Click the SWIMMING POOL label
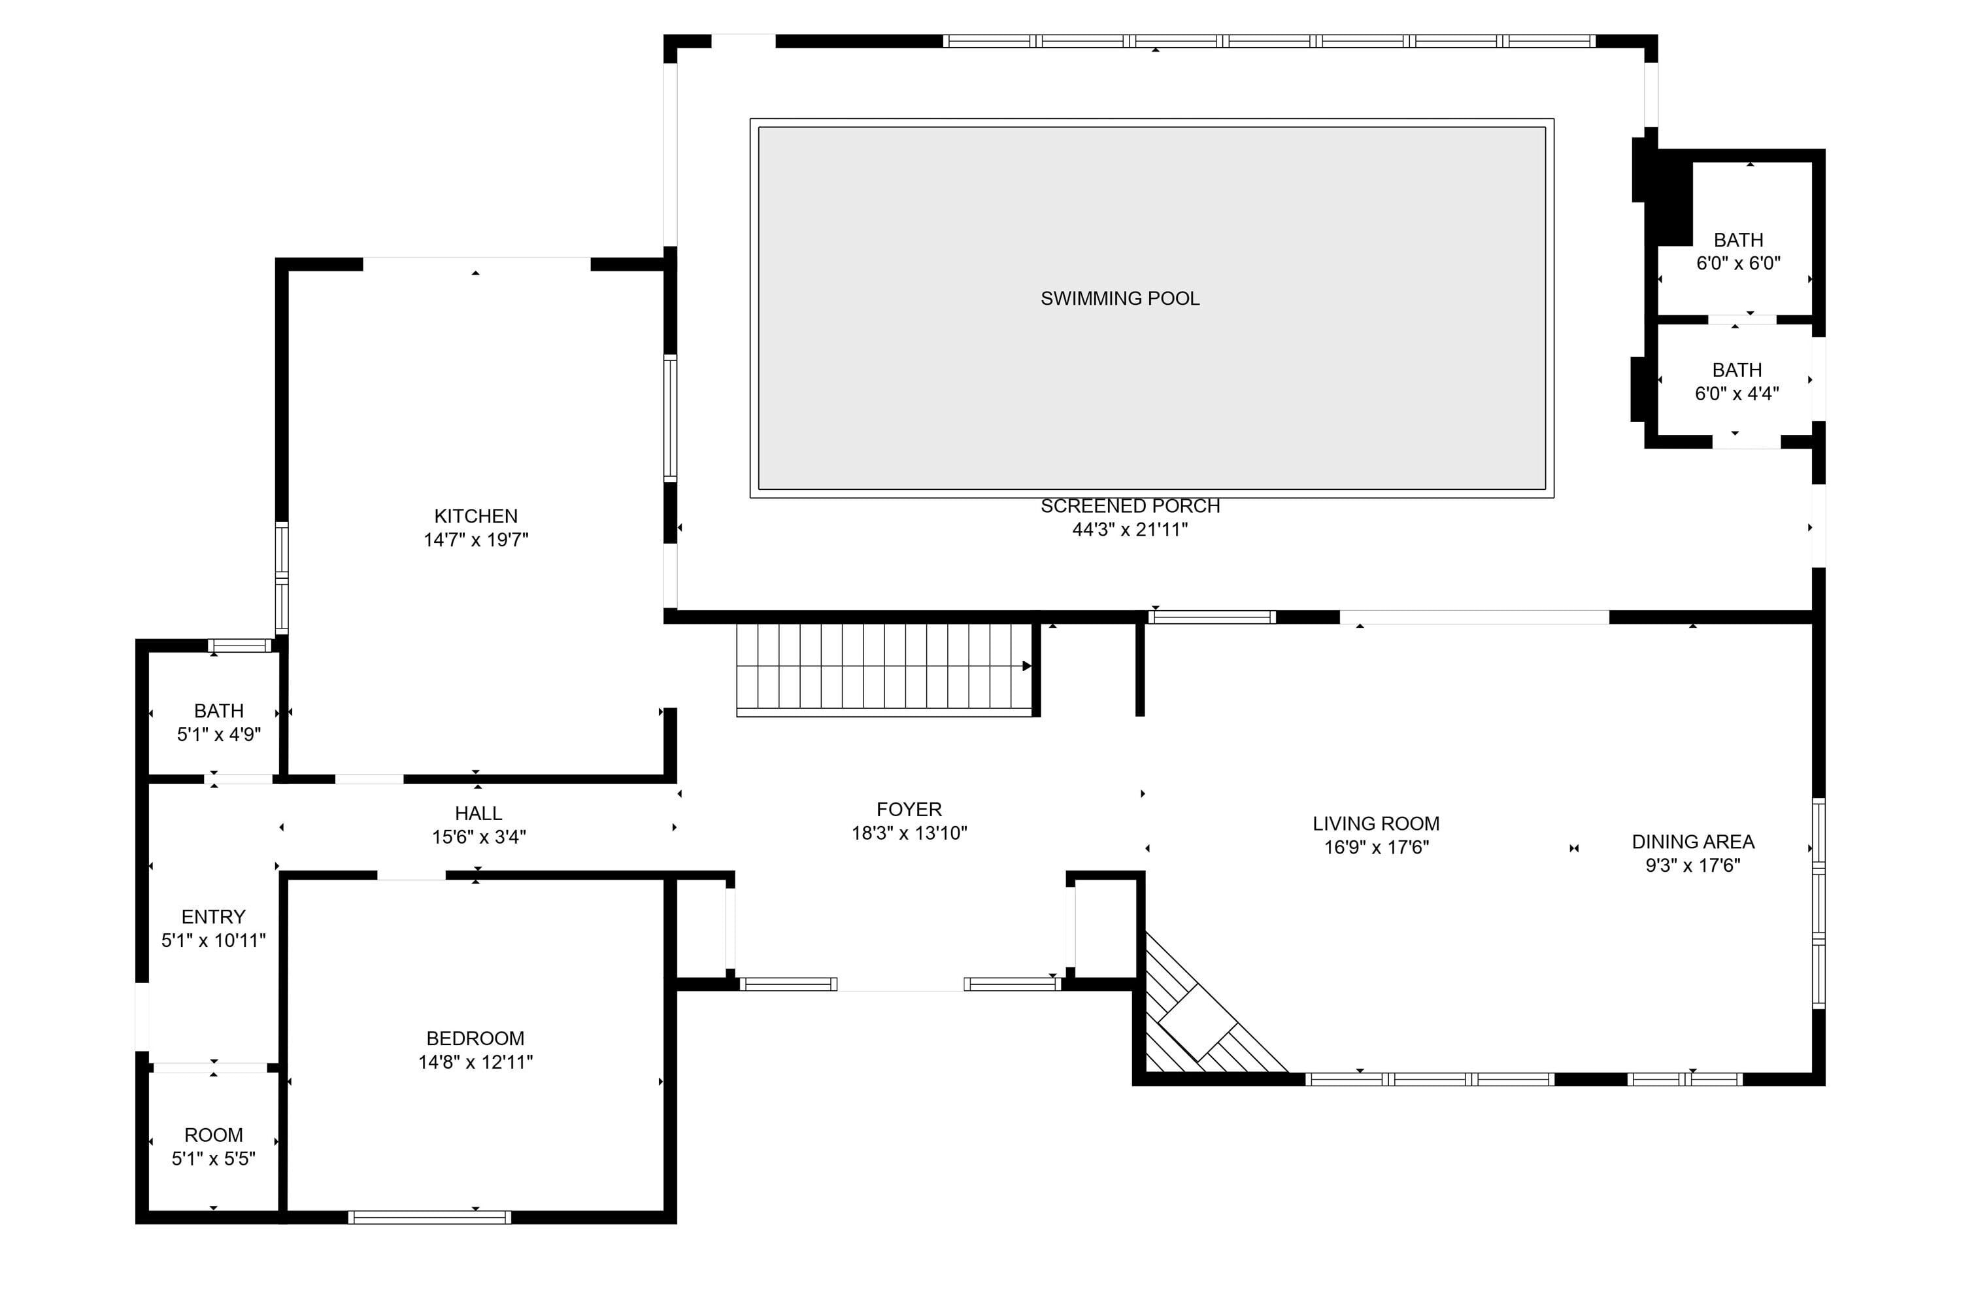coord(1120,299)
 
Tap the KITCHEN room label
coord(475,517)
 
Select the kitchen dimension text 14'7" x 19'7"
coord(475,540)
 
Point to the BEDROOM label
coord(475,1039)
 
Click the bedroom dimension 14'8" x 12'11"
coord(475,1062)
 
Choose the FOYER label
coord(909,809)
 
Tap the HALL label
coord(478,814)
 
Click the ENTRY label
coord(214,917)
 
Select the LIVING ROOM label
coord(1376,823)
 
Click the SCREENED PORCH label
coord(1130,506)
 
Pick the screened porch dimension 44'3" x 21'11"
coord(1130,529)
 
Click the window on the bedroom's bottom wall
coord(429,1217)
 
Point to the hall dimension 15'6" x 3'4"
coord(478,836)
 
